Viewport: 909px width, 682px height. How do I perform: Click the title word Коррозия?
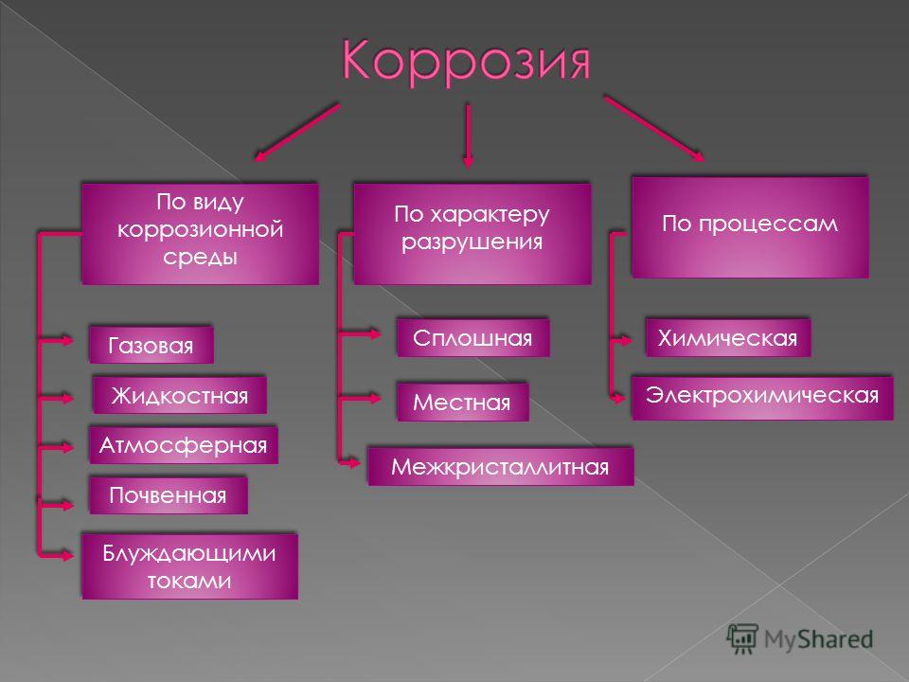click(466, 61)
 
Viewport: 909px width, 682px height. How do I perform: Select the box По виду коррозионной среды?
click(200, 234)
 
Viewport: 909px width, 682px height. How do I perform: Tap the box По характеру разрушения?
click(472, 234)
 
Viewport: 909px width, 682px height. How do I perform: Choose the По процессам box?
click(750, 227)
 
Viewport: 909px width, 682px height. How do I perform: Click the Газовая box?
click(151, 345)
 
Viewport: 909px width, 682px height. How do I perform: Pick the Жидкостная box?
click(180, 395)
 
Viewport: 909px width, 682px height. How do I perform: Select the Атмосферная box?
click(183, 445)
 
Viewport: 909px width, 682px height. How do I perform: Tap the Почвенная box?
click(169, 494)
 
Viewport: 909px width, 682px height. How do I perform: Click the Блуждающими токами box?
click(189, 566)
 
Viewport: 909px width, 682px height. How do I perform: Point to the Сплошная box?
click(473, 337)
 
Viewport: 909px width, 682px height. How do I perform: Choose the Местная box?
click(463, 402)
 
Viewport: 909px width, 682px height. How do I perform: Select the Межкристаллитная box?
click(500, 466)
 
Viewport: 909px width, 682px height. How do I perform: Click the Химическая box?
click(727, 337)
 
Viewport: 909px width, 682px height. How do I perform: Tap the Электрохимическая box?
click(761, 397)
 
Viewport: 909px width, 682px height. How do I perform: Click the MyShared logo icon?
click(742, 639)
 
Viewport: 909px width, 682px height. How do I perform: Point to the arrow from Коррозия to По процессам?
click(654, 128)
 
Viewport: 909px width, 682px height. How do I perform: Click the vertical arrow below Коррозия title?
click(468, 136)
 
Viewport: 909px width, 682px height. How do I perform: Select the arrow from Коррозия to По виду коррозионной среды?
click(296, 133)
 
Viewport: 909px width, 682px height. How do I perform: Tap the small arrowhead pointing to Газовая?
click(66, 340)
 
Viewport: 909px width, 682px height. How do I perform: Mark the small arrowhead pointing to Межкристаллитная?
click(353, 463)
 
